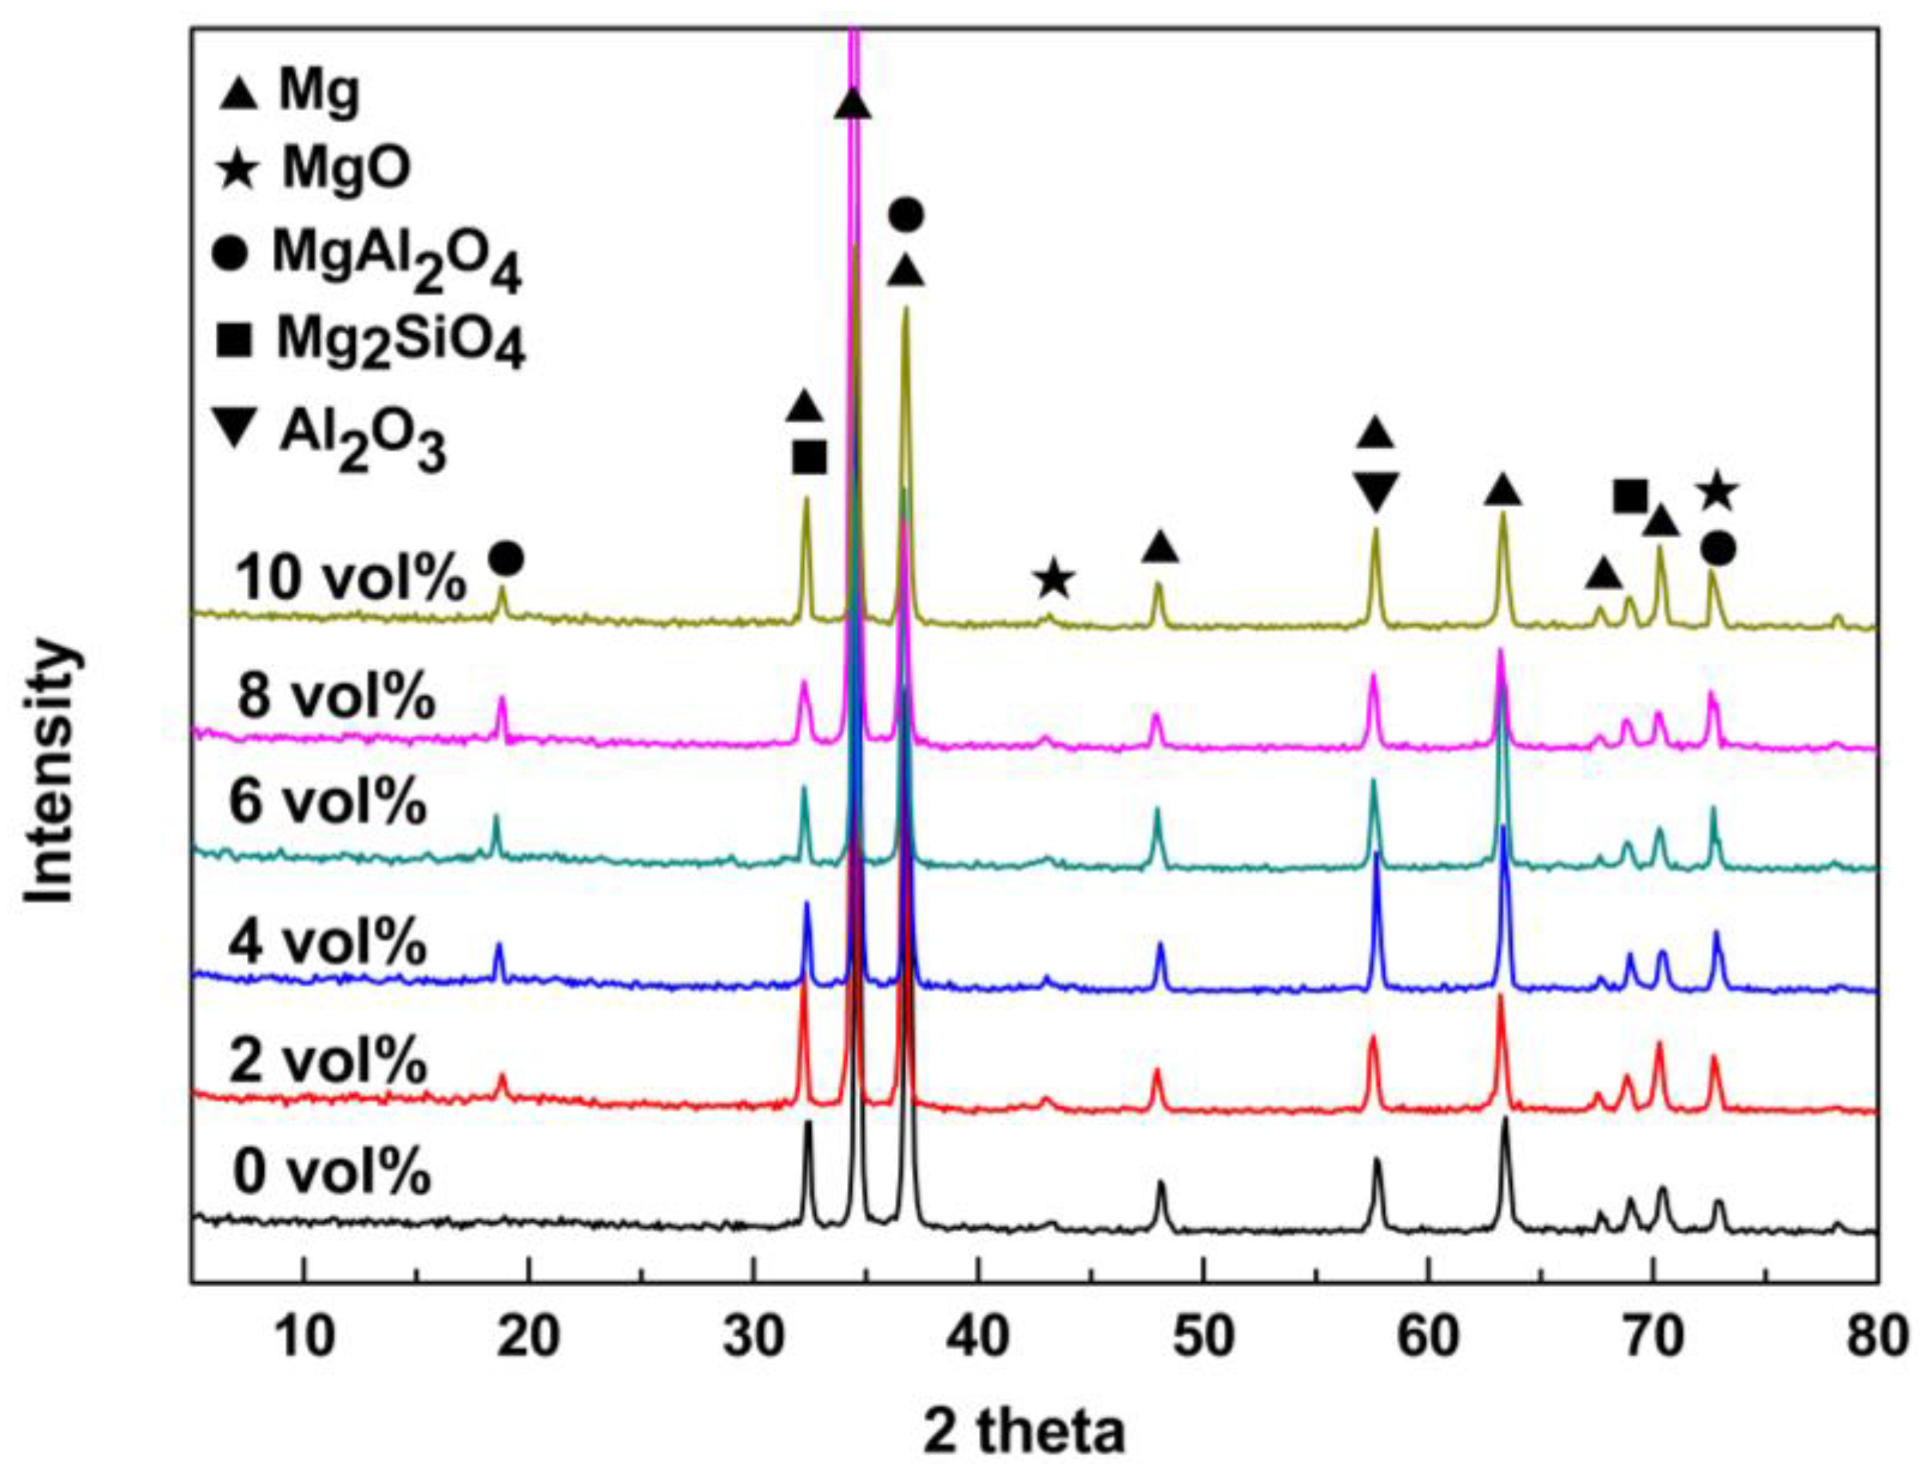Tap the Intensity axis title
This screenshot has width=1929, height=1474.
click(x=50, y=773)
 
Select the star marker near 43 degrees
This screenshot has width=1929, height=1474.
click(x=1053, y=580)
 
